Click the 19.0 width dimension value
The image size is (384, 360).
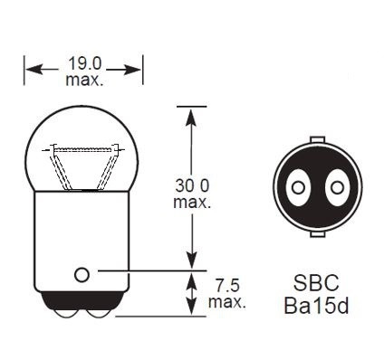(83, 65)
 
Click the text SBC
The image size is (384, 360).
(315, 283)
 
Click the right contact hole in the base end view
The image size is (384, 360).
(337, 188)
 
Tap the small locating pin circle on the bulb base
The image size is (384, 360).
(82, 273)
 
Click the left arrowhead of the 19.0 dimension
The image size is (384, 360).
(31, 68)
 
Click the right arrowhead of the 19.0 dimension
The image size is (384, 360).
(138, 68)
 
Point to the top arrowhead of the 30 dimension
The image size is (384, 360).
(190, 112)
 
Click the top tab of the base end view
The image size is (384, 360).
(317, 140)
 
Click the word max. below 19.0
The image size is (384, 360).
(83, 81)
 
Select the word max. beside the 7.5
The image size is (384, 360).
(226, 300)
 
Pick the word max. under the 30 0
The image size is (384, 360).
(191, 202)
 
